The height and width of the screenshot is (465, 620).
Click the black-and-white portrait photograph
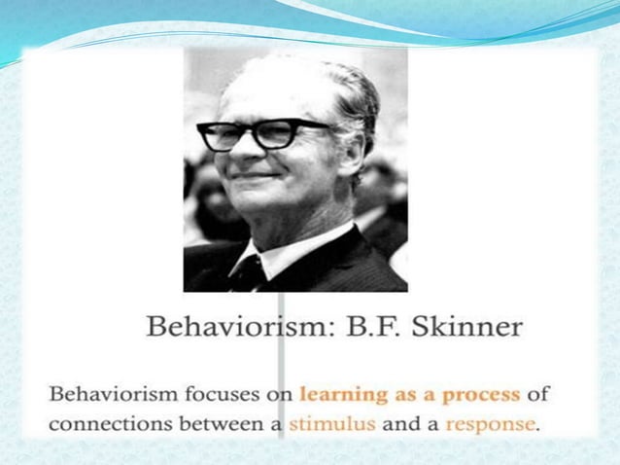(295, 170)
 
